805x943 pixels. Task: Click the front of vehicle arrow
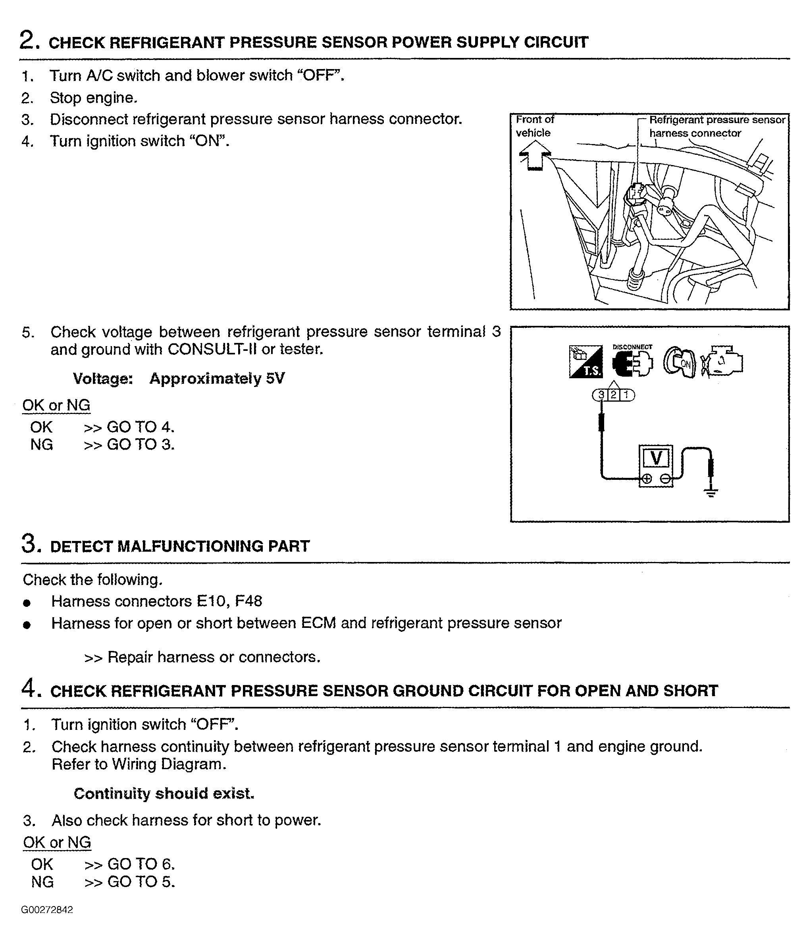click(535, 155)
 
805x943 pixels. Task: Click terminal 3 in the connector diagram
click(601, 395)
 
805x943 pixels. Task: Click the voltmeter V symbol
click(656, 458)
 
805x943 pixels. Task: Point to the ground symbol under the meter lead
click(711, 491)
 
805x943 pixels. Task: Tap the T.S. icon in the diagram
click(585, 361)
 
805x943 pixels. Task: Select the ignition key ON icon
click(679, 362)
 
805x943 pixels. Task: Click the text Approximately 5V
click(217, 379)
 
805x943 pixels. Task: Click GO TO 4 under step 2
click(140, 427)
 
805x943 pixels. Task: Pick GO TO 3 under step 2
click(140, 444)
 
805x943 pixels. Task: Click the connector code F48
click(248, 601)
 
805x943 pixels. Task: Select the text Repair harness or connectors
click(214, 657)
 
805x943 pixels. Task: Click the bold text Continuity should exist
click(164, 794)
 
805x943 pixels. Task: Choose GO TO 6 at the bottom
click(141, 864)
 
